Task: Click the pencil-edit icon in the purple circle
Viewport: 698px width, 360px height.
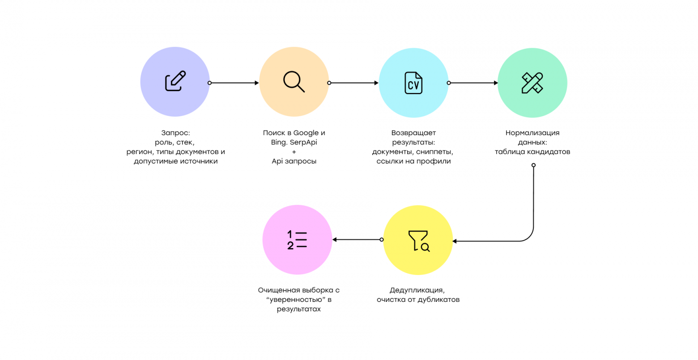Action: (x=175, y=81)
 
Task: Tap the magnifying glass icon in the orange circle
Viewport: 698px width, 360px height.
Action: (x=294, y=81)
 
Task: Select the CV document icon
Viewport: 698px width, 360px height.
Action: (x=413, y=83)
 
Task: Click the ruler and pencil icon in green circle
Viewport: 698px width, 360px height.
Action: (x=532, y=83)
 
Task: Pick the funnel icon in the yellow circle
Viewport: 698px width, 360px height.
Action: (x=419, y=241)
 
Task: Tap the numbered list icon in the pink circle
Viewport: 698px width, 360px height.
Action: (x=297, y=240)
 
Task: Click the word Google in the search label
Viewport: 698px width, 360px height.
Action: (x=306, y=133)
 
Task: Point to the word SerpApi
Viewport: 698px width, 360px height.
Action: (x=303, y=142)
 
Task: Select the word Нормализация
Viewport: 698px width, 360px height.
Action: (x=532, y=133)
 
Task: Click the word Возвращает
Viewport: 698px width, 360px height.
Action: (x=413, y=133)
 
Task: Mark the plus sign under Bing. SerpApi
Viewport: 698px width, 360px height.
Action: (x=294, y=152)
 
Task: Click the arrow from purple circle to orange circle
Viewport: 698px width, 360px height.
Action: (x=234, y=83)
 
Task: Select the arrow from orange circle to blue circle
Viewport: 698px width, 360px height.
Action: (x=353, y=83)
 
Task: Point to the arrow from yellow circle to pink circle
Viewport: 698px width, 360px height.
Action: (x=358, y=240)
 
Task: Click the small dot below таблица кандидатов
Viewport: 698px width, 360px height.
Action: (x=533, y=165)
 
